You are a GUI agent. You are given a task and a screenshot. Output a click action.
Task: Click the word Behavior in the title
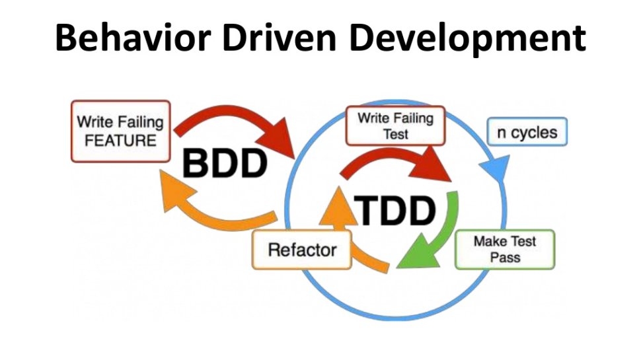[x=133, y=38]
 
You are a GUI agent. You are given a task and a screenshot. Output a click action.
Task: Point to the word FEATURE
[x=120, y=141]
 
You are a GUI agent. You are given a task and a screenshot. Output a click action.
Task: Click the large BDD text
[x=225, y=163]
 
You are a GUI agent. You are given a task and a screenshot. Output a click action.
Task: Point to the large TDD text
[x=395, y=211]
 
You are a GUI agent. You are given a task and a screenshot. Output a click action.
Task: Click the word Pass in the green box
[x=506, y=258]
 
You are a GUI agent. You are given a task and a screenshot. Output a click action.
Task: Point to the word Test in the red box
[x=395, y=134]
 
